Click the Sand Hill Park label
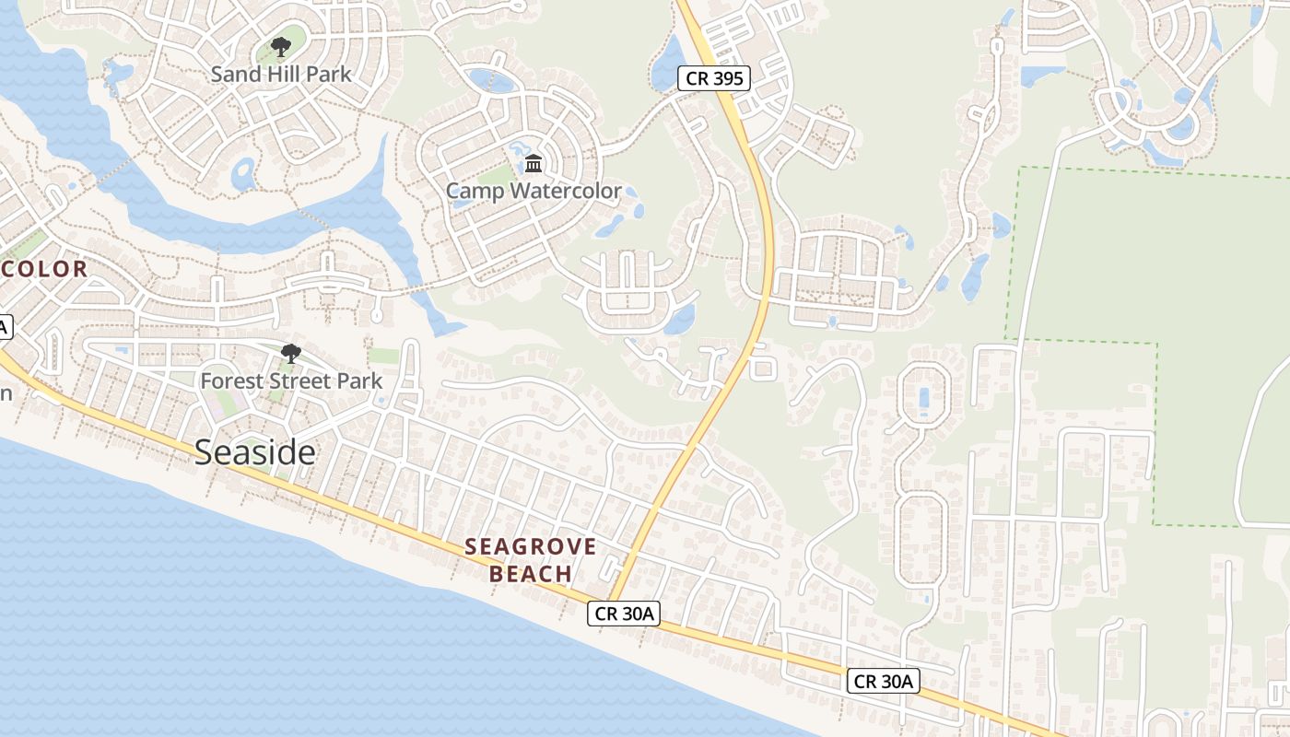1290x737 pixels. tap(281, 74)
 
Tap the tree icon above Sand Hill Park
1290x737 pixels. tap(281, 46)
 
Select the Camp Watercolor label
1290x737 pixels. tap(534, 192)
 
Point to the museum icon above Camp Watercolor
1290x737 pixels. tap(534, 164)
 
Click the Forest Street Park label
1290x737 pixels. tap(291, 380)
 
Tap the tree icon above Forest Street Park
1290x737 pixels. tap(291, 353)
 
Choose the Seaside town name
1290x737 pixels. tap(255, 451)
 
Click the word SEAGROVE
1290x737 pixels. tap(531, 546)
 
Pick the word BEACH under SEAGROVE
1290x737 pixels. tap(531, 574)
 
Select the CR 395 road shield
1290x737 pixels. tap(714, 78)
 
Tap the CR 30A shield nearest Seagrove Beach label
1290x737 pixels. tap(624, 614)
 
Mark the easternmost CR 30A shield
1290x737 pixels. tap(884, 681)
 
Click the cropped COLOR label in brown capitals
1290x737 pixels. tap(44, 269)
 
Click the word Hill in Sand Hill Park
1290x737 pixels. tap(282, 74)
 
